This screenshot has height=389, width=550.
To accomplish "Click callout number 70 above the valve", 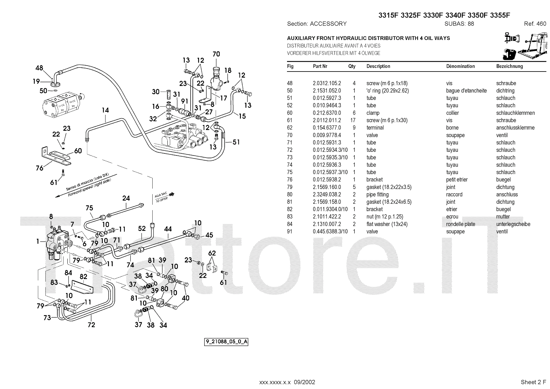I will (216, 54).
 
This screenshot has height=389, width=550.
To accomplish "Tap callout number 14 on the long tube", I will (105, 110).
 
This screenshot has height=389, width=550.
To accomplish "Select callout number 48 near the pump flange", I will (39, 68).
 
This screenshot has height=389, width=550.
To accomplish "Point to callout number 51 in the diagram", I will (236, 142).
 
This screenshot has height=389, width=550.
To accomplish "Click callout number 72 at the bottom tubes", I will (91, 324).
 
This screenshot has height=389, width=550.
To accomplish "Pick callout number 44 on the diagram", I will (168, 229).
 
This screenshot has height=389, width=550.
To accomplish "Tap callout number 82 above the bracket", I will (83, 277).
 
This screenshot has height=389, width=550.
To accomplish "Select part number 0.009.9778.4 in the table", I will (327, 135).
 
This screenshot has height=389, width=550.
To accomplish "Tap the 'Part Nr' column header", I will (320, 66).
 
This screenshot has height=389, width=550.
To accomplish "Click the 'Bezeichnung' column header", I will (509, 66).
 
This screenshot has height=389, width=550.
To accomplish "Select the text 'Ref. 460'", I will (535, 24).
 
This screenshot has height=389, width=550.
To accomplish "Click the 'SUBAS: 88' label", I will (459, 24).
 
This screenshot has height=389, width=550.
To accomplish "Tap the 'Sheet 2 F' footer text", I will (533, 382).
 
